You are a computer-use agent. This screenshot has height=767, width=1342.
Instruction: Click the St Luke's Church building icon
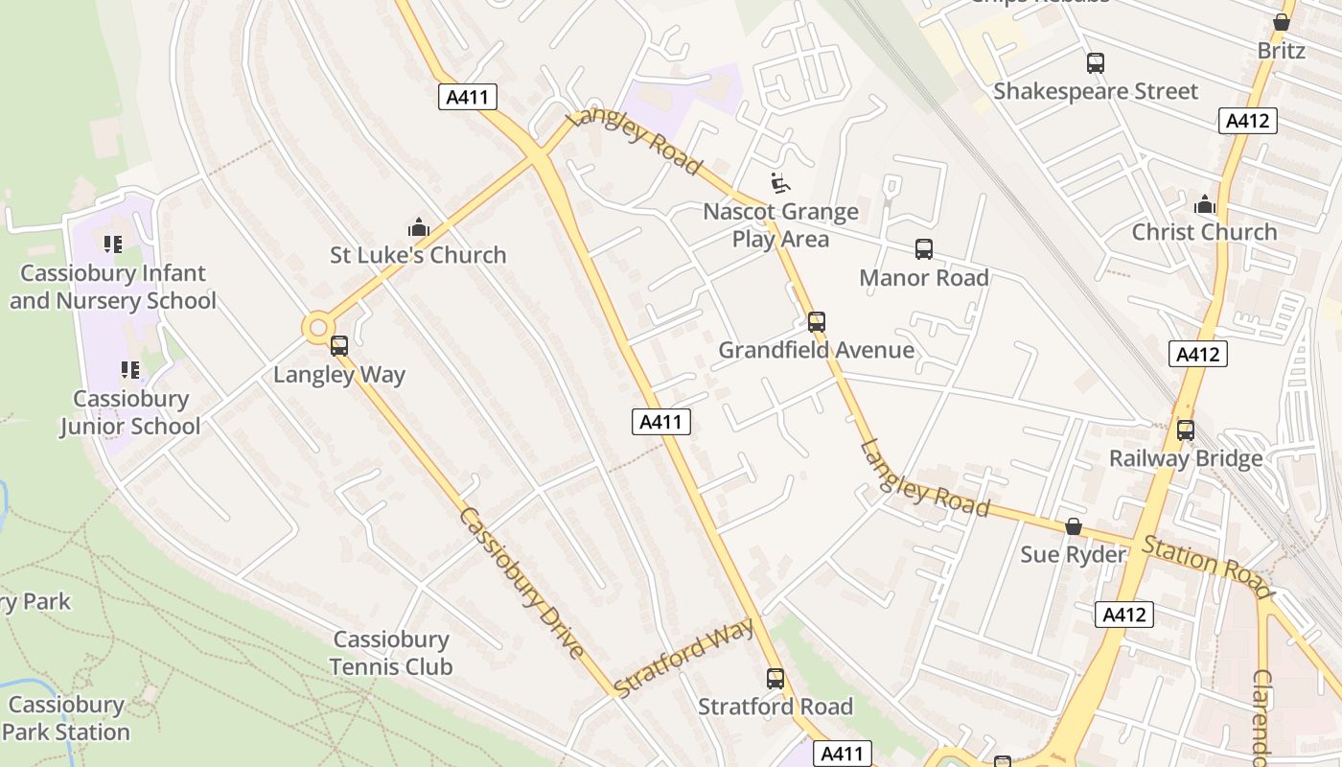click(419, 228)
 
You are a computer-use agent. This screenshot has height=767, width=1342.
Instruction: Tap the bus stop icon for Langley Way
click(339, 346)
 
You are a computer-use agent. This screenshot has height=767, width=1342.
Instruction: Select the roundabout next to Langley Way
click(318, 329)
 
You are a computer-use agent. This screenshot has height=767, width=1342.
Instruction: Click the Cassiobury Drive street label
click(522, 582)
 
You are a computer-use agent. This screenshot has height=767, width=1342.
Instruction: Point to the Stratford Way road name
click(683, 659)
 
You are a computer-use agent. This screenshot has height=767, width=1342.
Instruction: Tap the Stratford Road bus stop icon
click(775, 679)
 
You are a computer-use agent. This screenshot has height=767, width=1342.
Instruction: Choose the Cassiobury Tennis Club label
click(391, 653)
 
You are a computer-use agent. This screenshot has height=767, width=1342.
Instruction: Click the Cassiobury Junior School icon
click(130, 370)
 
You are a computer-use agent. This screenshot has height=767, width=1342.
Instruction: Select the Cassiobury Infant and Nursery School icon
click(113, 244)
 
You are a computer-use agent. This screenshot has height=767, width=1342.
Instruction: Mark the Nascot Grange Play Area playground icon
click(780, 182)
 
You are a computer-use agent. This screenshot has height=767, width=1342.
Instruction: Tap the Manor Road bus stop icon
click(924, 249)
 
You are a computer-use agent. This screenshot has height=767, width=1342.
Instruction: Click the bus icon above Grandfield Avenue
click(817, 322)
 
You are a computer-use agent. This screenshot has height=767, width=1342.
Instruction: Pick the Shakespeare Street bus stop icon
click(1096, 63)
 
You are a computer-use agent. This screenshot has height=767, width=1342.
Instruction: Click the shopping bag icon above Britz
click(1282, 22)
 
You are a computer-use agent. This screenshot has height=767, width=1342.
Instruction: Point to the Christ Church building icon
click(1205, 204)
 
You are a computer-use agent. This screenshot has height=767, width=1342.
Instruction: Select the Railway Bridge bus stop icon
click(1186, 430)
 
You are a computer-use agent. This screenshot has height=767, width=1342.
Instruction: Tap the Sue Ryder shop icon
click(1074, 526)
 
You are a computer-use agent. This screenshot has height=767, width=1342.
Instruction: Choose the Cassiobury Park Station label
click(66, 718)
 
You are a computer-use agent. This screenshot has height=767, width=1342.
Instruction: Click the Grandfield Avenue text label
click(817, 350)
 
